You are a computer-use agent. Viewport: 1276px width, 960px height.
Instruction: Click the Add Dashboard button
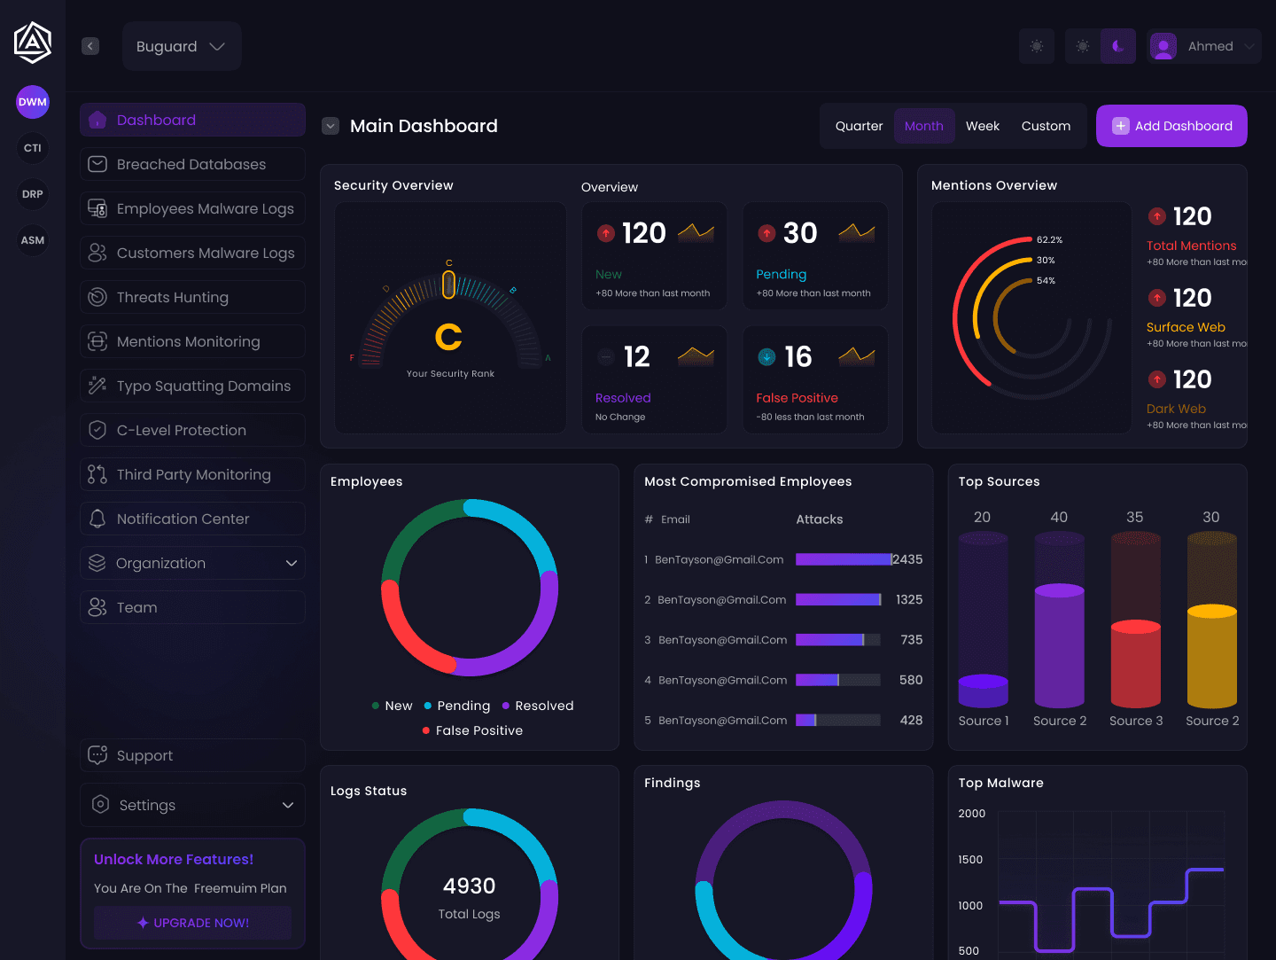(x=1171, y=126)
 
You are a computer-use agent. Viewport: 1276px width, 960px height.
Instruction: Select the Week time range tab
(x=982, y=126)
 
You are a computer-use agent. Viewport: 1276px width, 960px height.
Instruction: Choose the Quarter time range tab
(x=859, y=126)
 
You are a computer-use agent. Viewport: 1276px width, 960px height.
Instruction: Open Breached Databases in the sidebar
(x=192, y=164)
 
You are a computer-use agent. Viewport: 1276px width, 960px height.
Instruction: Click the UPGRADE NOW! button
(x=192, y=923)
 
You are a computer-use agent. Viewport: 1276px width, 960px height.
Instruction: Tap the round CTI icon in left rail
(x=33, y=148)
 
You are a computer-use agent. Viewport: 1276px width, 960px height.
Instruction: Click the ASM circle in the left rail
(x=33, y=240)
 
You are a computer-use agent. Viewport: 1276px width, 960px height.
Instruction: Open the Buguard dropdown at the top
(x=182, y=46)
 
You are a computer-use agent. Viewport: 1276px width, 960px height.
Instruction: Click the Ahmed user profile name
(x=1210, y=46)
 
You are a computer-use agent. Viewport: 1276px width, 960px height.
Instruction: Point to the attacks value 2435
(x=907, y=559)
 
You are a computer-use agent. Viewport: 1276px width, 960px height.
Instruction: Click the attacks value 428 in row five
(x=911, y=720)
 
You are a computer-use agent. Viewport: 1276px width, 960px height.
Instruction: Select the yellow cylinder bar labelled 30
(x=1211, y=656)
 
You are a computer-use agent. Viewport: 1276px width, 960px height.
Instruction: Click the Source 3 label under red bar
(x=1135, y=721)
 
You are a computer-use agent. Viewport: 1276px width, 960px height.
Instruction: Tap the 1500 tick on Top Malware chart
(x=970, y=859)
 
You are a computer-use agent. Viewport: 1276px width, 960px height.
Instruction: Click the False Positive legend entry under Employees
(x=478, y=730)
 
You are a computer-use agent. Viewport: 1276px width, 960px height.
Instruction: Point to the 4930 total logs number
(x=469, y=886)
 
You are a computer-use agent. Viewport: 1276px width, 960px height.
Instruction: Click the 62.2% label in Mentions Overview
(x=1049, y=240)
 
